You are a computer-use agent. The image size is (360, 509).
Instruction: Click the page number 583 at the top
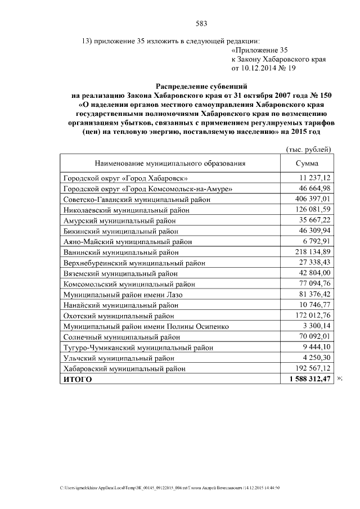pyautogui.click(x=201, y=23)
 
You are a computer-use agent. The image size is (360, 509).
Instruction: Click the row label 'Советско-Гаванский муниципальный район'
pyautogui.click(x=137, y=199)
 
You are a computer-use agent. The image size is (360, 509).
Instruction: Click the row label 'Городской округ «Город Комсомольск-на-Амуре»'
pyautogui.click(x=147, y=188)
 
